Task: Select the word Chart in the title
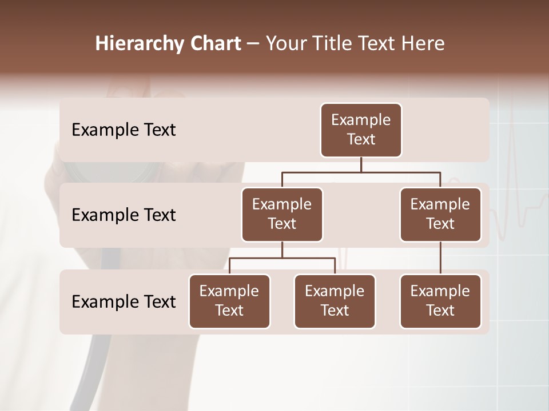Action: (214, 43)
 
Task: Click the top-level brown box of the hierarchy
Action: (361, 130)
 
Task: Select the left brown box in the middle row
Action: (282, 214)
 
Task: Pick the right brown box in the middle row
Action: (440, 214)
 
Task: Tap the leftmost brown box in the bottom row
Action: (229, 301)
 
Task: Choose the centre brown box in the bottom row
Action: (335, 301)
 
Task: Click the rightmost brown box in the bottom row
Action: (440, 301)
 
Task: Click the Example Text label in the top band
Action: (124, 130)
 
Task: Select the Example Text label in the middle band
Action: (124, 215)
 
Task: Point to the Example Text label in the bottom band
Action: (124, 301)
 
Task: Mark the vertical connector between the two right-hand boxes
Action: (440, 258)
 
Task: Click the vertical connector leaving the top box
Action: (361, 164)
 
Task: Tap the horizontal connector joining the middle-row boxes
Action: (361, 172)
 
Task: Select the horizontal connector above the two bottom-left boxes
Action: (282, 258)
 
